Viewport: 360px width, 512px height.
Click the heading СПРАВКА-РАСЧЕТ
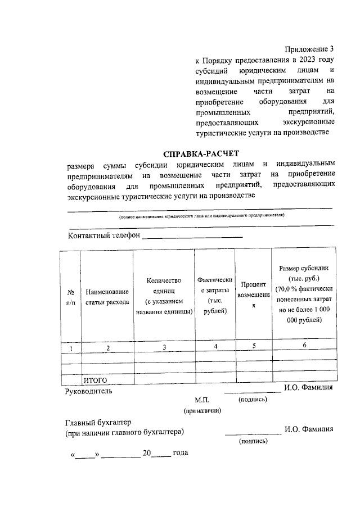[x=200, y=153]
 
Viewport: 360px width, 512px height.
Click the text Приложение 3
[x=309, y=49]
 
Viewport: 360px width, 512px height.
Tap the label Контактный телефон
[x=103, y=235]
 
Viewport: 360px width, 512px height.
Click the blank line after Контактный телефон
[x=192, y=236]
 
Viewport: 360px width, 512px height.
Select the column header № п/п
[x=71, y=297]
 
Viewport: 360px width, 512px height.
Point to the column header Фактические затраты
[x=215, y=295]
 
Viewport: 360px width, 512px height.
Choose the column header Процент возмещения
[x=253, y=295]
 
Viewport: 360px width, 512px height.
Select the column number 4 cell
[x=215, y=347]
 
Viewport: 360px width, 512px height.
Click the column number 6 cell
[x=304, y=346]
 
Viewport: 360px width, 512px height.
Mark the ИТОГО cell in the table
[x=95, y=380]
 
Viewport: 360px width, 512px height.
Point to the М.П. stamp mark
[x=202, y=400]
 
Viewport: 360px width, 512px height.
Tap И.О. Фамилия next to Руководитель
[x=309, y=387]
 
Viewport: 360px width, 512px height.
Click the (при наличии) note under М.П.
[x=202, y=411]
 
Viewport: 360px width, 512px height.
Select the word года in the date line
[x=181, y=452]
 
